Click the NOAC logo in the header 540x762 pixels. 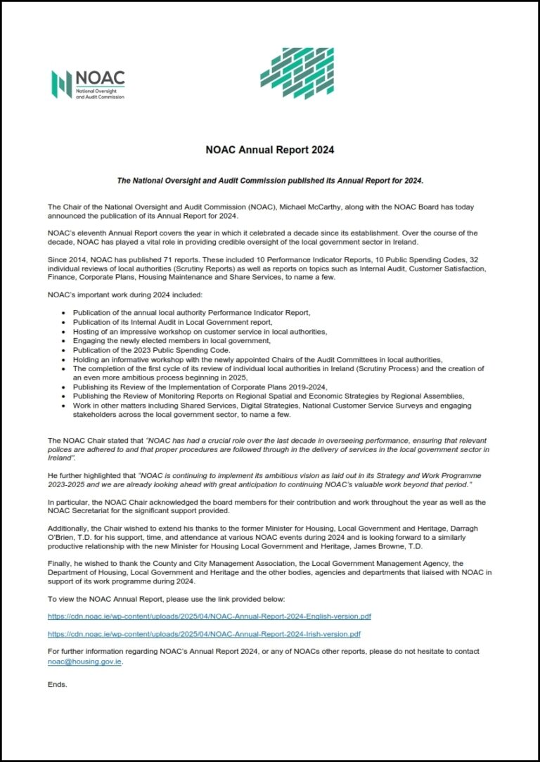click(88, 84)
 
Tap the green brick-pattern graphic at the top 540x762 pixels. click(297, 73)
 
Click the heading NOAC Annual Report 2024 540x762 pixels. click(270, 150)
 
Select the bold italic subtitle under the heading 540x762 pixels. click(270, 181)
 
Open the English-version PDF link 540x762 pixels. click(210, 616)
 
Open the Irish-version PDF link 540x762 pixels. click(204, 634)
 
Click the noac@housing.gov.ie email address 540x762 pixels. click(84, 661)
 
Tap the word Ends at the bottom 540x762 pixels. click(58, 684)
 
